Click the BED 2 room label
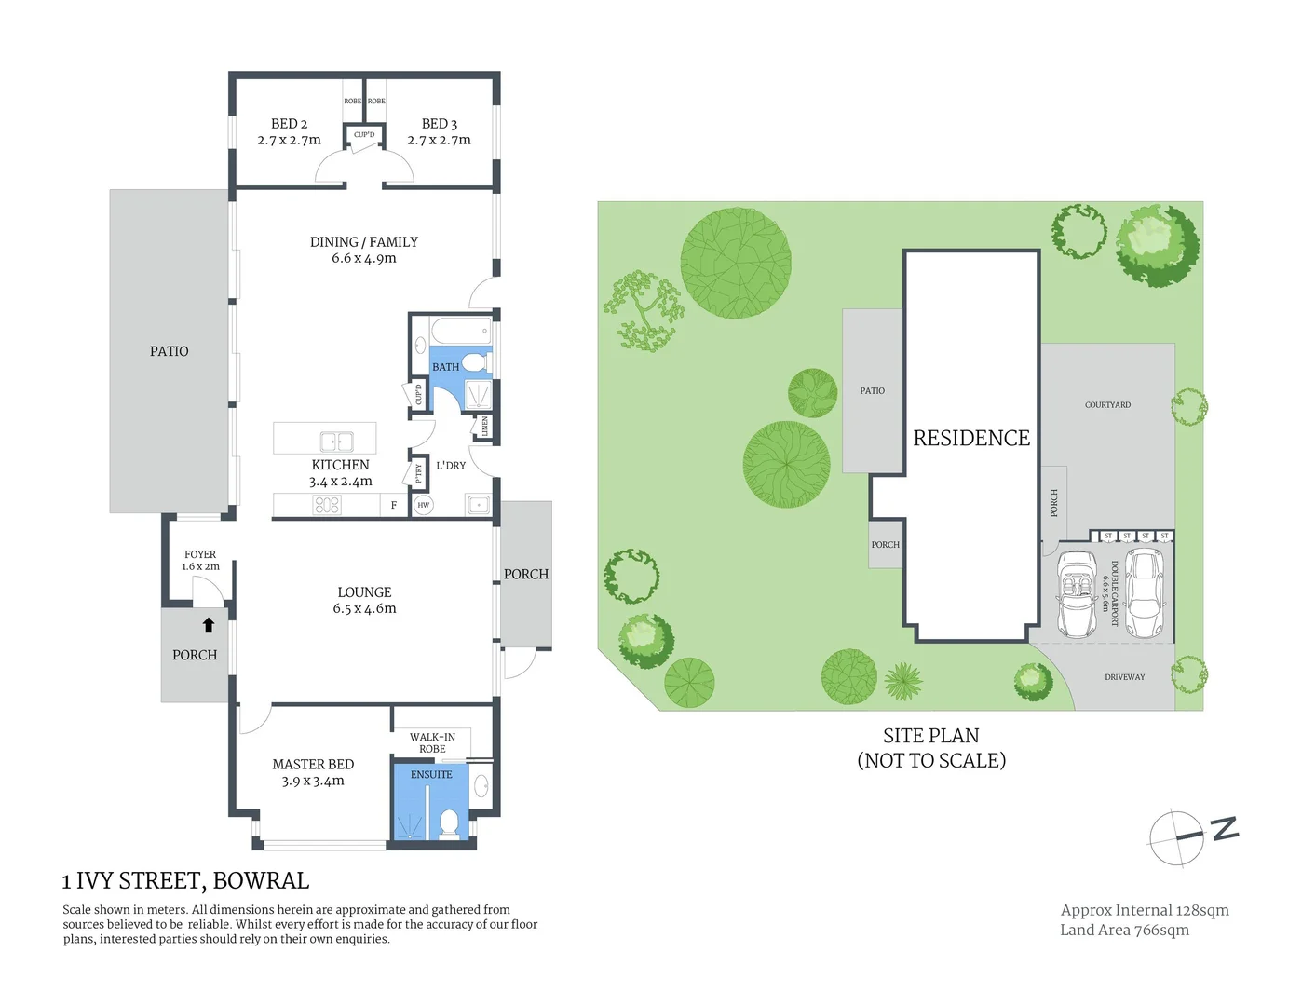point(289,124)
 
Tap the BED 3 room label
point(439,124)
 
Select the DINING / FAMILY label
point(363,242)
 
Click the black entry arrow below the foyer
point(209,625)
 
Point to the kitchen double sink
point(336,442)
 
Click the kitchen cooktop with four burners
point(327,505)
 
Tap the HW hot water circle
point(424,505)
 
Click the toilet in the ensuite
point(449,823)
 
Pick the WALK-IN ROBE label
point(432,742)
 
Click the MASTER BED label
point(313,765)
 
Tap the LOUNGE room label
point(364,592)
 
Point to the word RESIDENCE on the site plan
point(971,439)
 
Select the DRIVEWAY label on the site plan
point(1124,677)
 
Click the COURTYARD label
point(1107,405)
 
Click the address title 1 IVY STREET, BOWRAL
point(185,881)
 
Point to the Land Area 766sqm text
point(1124,930)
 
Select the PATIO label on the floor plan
point(169,351)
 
